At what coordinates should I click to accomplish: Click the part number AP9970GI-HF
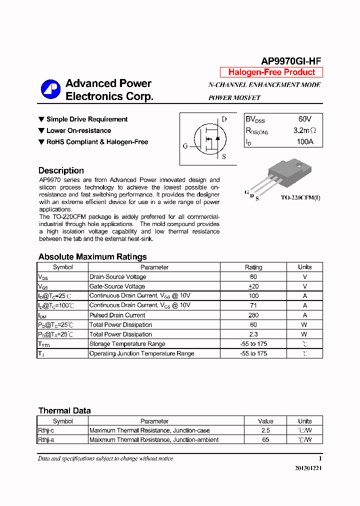[x=290, y=61]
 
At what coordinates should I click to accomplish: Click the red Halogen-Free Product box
[x=271, y=72]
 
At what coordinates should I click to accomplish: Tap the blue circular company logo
[x=50, y=89]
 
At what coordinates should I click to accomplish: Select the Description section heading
[x=61, y=170]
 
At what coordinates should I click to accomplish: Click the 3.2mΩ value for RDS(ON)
[x=304, y=131]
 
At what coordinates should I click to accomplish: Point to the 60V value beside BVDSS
[x=304, y=119]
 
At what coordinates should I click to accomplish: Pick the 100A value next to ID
[x=304, y=142]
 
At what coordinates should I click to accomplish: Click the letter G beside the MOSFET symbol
[x=185, y=146]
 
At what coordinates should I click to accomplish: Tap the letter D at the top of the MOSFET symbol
[x=224, y=119]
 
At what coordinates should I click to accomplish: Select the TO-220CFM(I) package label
[x=300, y=198]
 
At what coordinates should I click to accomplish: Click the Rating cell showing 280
[x=253, y=315]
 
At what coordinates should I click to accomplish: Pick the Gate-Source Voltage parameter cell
[x=117, y=286]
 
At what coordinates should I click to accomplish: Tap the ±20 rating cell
[x=253, y=286]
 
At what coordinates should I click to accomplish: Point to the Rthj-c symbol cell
[x=46, y=430]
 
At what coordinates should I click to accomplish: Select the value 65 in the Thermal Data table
[x=265, y=439]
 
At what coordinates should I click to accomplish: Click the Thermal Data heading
[x=64, y=410]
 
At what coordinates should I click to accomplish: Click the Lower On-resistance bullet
[x=78, y=130]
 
